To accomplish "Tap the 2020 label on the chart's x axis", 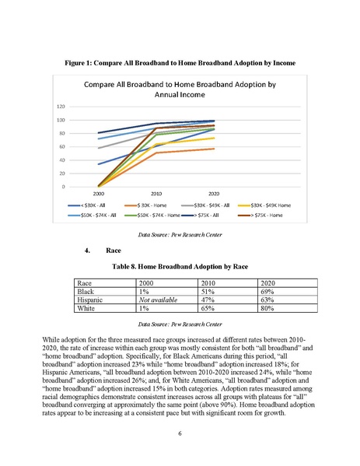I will [x=214, y=194].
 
